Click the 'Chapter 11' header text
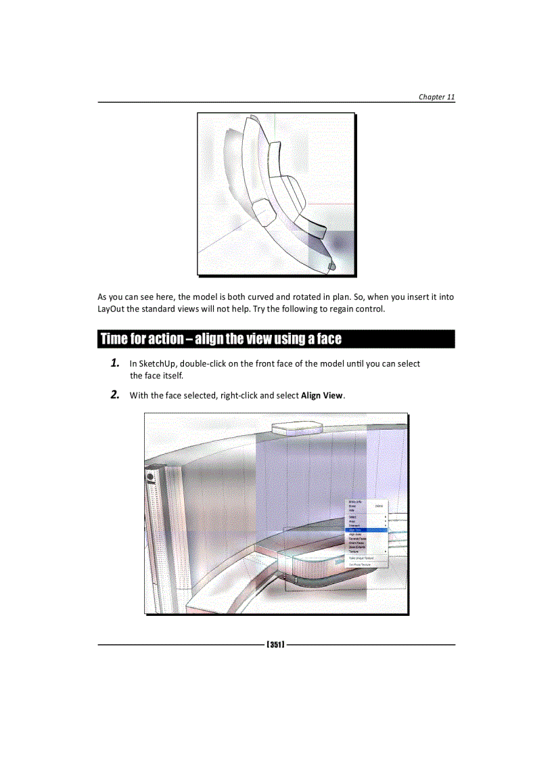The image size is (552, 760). click(x=436, y=97)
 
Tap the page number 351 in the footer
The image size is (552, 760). click(x=275, y=644)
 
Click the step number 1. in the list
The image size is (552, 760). click(x=116, y=363)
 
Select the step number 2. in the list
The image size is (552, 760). click(x=116, y=395)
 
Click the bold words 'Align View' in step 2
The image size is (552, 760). click(x=322, y=395)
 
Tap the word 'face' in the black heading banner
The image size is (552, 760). click(x=328, y=338)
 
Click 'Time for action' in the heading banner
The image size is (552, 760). click(x=141, y=338)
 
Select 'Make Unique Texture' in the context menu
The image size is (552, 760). click(x=361, y=558)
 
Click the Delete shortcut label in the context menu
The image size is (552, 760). click(x=379, y=506)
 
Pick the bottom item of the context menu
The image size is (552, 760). click(x=360, y=564)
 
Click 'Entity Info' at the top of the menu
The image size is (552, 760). click(x=355, y=501)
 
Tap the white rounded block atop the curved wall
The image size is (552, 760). click(x=296, y=427)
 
